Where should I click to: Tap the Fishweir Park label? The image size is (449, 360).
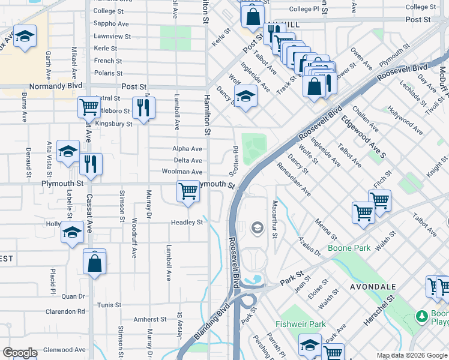click(300, 324)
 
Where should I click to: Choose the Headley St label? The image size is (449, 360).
click(188, 222)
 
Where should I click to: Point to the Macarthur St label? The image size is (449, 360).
click(274, 219)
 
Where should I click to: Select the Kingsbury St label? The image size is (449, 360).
click(113, 124)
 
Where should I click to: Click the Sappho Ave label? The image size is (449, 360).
click(112, 24)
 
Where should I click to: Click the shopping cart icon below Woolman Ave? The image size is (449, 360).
click(188, 191)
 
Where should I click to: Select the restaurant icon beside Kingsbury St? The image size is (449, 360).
click(143, 107)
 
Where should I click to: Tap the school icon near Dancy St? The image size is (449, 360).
click(245, 96)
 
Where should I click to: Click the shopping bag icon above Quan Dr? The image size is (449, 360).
click(95, 262)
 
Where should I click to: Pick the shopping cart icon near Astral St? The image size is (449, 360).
click(89, 107)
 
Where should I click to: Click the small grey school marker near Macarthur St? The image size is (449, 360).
click(257, 227)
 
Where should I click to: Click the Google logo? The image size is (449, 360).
click(19, 353)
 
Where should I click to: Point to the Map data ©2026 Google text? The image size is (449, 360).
click(402, 355)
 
